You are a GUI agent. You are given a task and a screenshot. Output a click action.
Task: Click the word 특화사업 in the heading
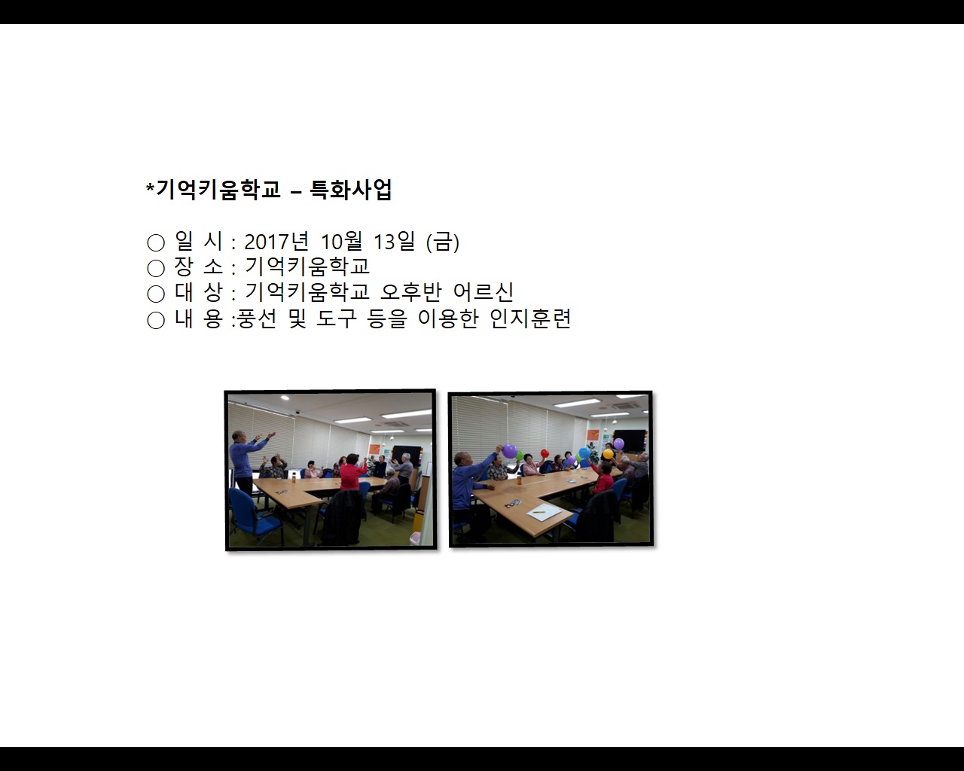(x=351, y=190)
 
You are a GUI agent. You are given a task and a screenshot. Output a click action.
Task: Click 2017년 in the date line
(x=276, y=242)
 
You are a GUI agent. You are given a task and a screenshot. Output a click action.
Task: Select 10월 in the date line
(x=341, y=242)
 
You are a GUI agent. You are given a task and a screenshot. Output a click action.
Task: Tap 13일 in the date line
(x=394, y=242)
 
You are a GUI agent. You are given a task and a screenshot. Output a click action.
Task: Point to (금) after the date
(x=443, y=242)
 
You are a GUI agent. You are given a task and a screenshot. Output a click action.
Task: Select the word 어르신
(x=484, y=292)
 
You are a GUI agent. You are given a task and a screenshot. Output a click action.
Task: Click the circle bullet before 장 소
(x=156, y=268)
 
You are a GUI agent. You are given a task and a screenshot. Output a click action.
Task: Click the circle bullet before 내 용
(x=156, y=320)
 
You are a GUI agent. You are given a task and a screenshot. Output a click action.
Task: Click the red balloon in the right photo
(x=568, y=460)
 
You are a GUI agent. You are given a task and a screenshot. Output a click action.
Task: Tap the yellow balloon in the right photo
(x=607, y=454)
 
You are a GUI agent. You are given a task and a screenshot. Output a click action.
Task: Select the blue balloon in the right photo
(x=584, y=453)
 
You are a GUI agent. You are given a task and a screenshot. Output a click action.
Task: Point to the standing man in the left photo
(x=241, y=459)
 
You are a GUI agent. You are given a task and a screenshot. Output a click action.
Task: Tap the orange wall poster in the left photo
(x=374, y=449)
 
